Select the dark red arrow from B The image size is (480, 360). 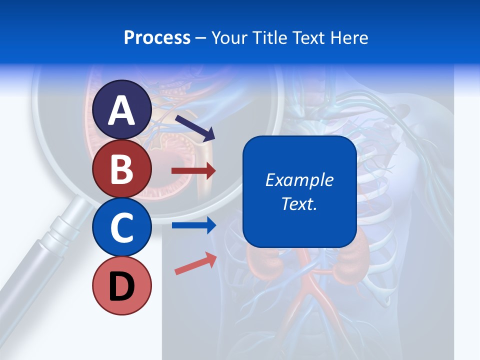(x=193, y=171)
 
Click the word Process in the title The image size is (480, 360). (x=157, y=37)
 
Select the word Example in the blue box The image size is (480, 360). (x=299, y=180)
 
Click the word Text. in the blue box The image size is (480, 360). (x=299, y=203)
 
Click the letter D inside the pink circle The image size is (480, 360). (x=122, y=286)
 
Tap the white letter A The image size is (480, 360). (x=122, y=110)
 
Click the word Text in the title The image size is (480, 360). (x=310, y=37)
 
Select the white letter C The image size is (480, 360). (x=122, y=227)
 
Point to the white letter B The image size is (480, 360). (x=122, y=169)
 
